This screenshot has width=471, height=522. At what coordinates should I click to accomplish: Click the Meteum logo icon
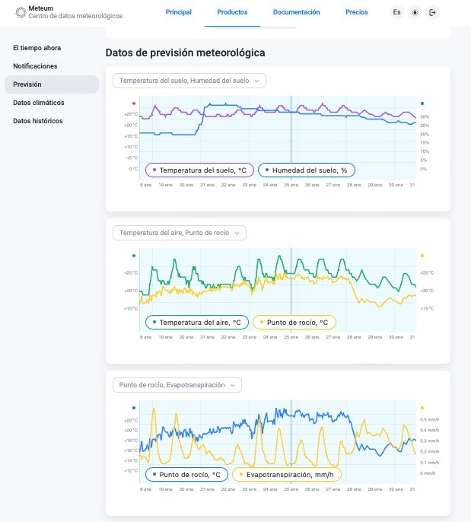click(21, 12)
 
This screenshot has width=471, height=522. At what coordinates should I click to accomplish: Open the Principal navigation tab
click(179, 12)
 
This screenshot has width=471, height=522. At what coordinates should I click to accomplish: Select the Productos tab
click(232, 12)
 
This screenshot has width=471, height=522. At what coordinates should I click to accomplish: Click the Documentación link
click(296, 12)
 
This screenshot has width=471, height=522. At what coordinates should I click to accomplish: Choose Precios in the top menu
click(356, 12)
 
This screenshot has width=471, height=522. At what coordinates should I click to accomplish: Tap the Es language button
click(397, 12)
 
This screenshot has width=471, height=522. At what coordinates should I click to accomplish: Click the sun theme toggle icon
click(415, 12)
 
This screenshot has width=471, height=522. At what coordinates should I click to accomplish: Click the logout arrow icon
click(433, 12)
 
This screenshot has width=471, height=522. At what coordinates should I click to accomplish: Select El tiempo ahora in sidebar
click(37, 48)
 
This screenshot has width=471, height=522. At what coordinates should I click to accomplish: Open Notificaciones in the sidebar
click(35, 66)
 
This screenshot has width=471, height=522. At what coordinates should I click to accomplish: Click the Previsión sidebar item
click(27, 84)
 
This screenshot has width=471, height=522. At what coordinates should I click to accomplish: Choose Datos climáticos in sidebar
click(39, 103)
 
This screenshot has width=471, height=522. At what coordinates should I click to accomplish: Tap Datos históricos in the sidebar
click(38, 121)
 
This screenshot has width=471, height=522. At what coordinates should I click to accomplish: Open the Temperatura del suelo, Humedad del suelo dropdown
click(189, 81)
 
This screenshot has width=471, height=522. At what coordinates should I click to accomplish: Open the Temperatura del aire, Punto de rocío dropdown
click(180, 233)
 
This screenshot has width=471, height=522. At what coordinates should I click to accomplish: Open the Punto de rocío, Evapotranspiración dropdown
click(177, 385)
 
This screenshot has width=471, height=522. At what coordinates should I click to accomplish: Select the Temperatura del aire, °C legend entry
click(197, 323)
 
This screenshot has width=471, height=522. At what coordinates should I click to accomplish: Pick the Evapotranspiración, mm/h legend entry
click(287, 475)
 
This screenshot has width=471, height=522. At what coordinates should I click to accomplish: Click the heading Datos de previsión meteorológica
click(185, 53)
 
